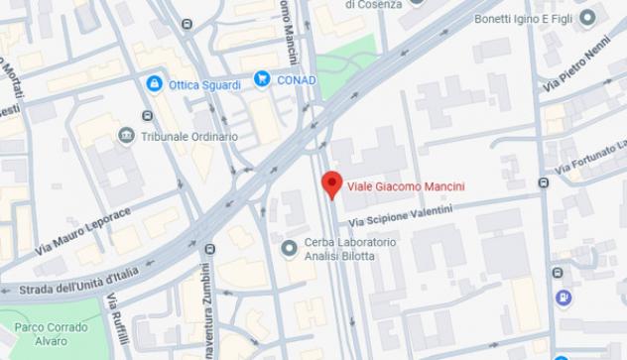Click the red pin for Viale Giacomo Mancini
point(331,183)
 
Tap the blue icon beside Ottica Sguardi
point(154,84)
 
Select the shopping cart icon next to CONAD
point(263,78)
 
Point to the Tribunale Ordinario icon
point(126,135)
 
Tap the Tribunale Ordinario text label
point(189,136)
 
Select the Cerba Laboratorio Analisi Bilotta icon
point(290,247)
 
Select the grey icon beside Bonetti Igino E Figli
point(587,17)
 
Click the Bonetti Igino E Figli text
point(522,18)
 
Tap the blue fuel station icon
point(564,297)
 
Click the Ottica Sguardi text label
point(204,85)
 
